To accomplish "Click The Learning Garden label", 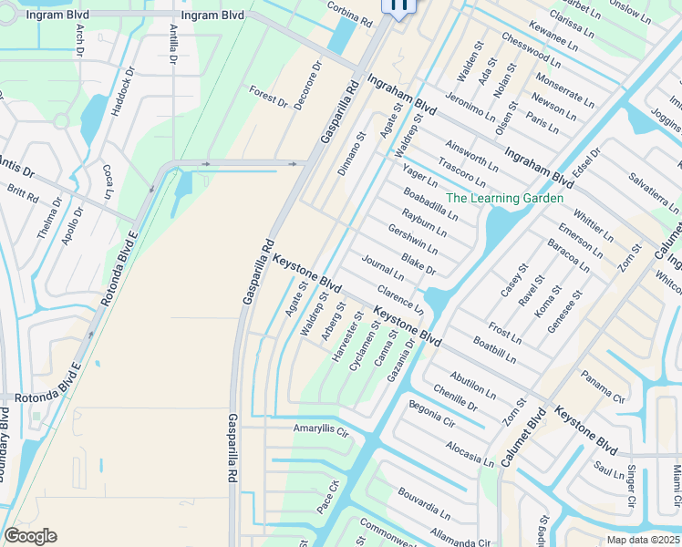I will (x=504, y=198).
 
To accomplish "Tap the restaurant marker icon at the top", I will (x=398, y=5).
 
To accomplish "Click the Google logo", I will (x=30, y=536).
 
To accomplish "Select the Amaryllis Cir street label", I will (x=321, y=428).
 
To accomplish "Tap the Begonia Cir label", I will (x=431, y=413).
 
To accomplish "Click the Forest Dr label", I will (x=268, y=95).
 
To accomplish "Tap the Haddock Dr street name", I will (x=122, y=90).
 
